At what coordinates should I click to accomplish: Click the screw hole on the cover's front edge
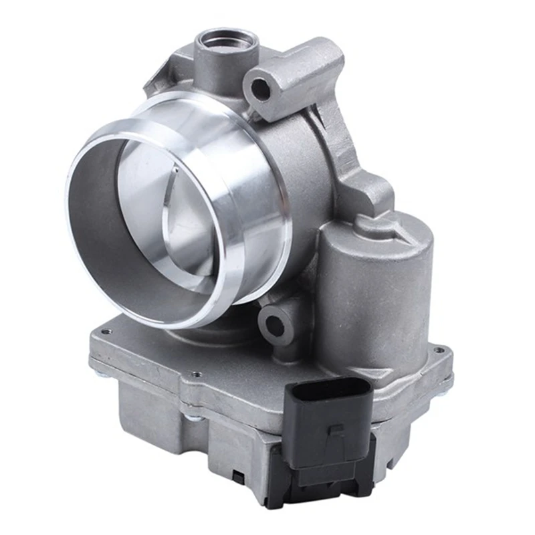[195, 375]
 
